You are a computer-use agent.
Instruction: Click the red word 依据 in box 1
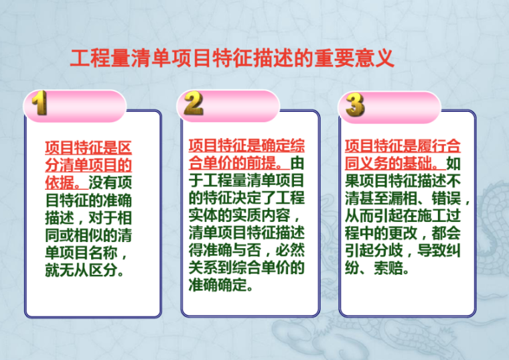tap(60, 182)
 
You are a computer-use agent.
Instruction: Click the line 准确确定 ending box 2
tap(222, 287)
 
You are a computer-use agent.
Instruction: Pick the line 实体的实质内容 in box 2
tap(242, 217)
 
